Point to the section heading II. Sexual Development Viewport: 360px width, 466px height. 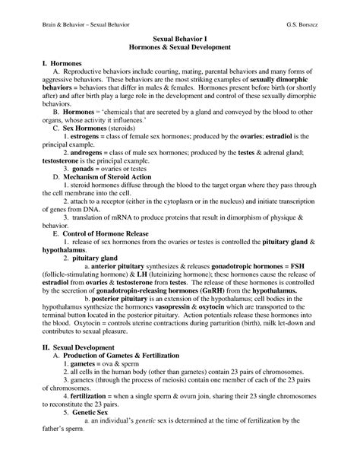tap(64, 347)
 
